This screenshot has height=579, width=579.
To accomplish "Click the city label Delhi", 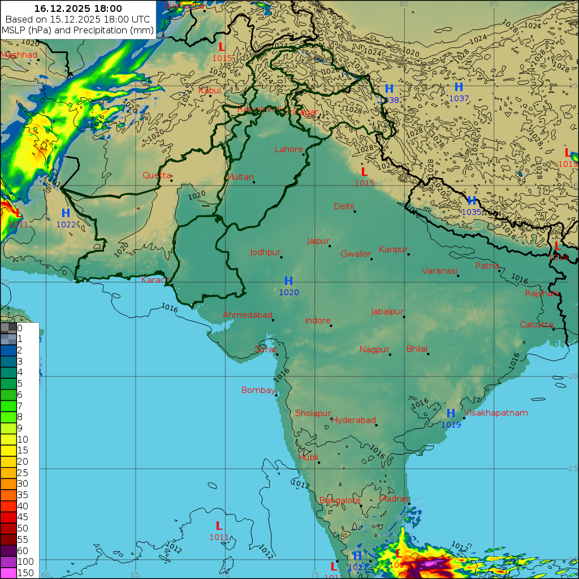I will pyautogui.click(x=344, y=206).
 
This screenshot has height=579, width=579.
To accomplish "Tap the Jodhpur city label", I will pyautogui.click(x=265, y=252).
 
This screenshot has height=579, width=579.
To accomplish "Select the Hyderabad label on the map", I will pyautogui.click(x=353, y=420).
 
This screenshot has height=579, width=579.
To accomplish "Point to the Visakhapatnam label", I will pyautogui.click(x=496, y=413).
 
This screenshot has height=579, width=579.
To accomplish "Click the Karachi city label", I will pyautogui.click(x=155, y=280).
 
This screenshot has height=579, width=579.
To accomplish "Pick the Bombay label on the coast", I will pyautogui.click(x=258, y=390).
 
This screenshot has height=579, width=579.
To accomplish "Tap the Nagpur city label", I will pyautogui.click(x=374, y=349).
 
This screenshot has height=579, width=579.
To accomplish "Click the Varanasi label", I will pyautogui.click(x=439, y=271).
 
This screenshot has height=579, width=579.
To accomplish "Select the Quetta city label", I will pyautogui.click(x=156, y=175).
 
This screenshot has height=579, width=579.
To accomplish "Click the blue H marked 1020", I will pyautogui.click(x=288, y=281).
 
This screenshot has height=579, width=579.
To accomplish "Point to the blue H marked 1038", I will pyautogui.click(x=389, y=89).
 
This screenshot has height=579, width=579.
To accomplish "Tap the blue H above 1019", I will pyautogui.click(x=451, y=413).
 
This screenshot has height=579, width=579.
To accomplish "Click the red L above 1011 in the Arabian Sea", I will pyautogui.click(x=219, y=526).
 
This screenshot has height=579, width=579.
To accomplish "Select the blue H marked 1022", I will pyautogui.click(x=66, y=213).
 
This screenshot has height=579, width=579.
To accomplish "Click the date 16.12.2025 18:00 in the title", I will pyautogui.click(x=77, y=8).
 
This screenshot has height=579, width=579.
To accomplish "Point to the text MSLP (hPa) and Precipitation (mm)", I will pyautogui.click(x=77, y=30).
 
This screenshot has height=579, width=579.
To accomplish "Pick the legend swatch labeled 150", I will pyautogui.click(x=8, y=572).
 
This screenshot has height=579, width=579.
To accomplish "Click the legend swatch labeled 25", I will pyautogui.click(x=8, y=472).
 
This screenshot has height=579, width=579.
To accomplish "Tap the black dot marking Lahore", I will pyautogui.click(x=304, y=154).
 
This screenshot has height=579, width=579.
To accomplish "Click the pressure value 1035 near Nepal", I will pyautogui.click(x=472, y=212).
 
